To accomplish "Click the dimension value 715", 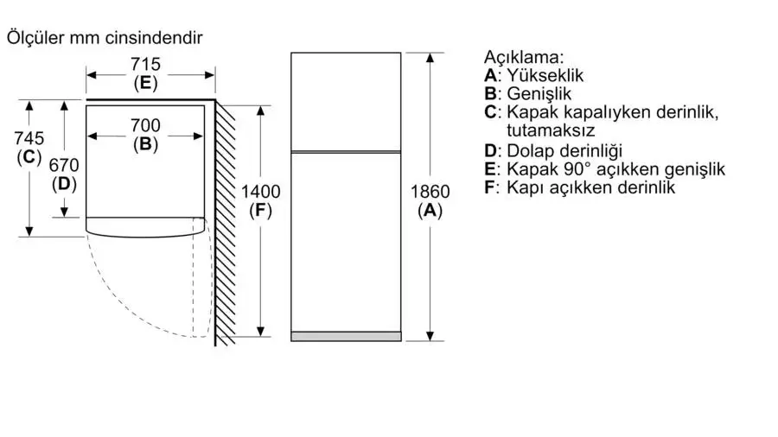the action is tap(145, 64).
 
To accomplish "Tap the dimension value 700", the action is tap(145, 125).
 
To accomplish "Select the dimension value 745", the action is tap(29, 137).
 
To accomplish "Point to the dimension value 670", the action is tap(64, 165).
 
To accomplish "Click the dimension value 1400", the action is tap(260, 192).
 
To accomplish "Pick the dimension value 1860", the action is tap(430, 192).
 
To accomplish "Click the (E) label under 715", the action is tap(145, 83).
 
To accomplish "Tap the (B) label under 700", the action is tap(145, 144).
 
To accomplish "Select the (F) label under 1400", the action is tap(260, 211).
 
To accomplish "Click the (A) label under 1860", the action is tap(430, 211).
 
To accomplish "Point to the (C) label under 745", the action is tap(29, 157).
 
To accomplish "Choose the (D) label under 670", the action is tap(64, 184).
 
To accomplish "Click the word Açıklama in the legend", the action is tap(524, 58).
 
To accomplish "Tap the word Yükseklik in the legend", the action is tap(545, 75).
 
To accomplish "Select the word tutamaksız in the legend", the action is tap(551, 130).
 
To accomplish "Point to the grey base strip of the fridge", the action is tap(346, 337).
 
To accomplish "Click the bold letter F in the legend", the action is tap(490, 187).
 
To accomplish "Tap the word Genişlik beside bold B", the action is tap(539, 94).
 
